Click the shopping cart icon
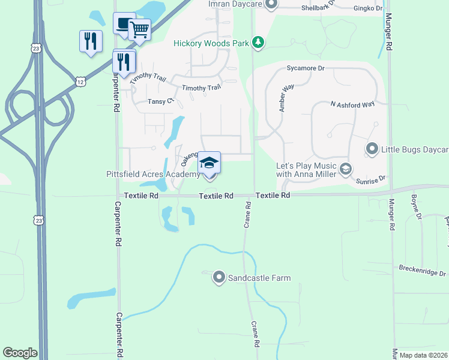pos(139,29)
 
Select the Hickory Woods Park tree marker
pos(258,42)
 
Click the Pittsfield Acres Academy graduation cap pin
pos(209,163)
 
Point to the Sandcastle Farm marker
pos(219,277)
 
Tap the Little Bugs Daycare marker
pos(372,148)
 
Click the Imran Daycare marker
pos(271,4)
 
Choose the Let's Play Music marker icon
pos(345,169)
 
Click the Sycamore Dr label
pos(305,68)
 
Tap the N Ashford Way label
pos(352,104)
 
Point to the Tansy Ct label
pos(160,102)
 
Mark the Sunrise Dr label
pos(372,179)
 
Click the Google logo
pos(20,353)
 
